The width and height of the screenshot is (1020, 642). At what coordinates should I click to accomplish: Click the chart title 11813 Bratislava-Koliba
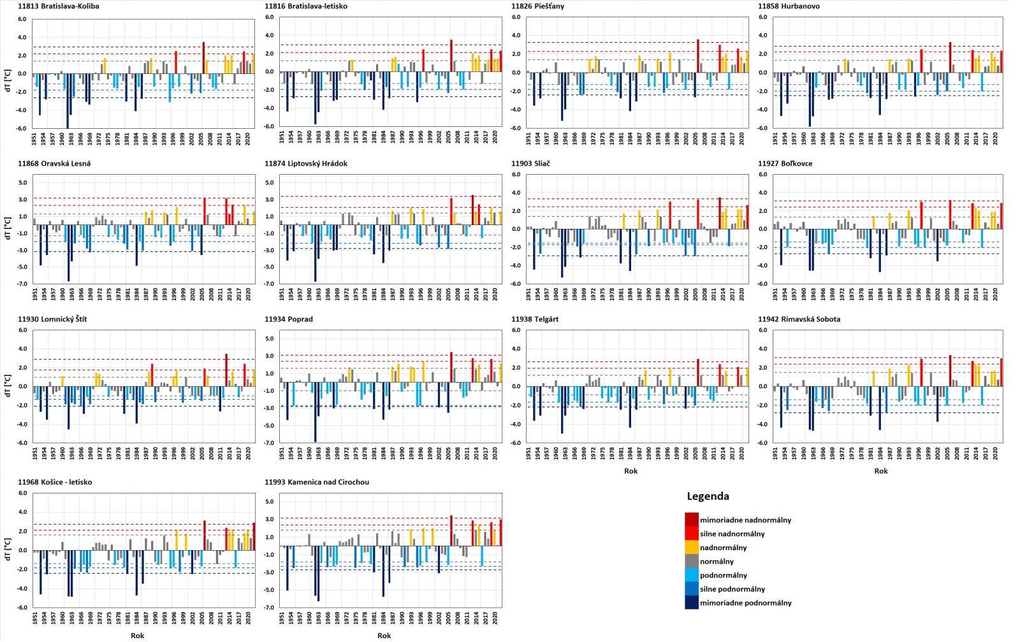click(59, 6)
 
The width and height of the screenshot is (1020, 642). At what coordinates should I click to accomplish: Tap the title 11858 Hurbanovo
click(789, 6)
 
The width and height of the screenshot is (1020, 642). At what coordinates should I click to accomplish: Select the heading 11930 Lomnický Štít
click(52, 319)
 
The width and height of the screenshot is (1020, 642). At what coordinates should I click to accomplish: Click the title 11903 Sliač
click(530, 164)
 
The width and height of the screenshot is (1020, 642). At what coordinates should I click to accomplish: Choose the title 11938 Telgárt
click(535, 319)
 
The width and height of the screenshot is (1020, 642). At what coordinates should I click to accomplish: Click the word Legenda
click(708, 497)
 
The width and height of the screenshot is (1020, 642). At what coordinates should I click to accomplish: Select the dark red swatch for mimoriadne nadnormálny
click(692, 520)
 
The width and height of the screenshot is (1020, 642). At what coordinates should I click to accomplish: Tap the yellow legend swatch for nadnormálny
click(692, 547)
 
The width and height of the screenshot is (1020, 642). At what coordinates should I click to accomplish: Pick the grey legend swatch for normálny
click(692, 561)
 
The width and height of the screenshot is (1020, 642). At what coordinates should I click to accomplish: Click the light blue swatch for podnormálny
click(692, 575)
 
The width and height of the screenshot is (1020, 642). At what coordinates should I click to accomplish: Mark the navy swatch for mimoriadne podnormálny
click(692, 602)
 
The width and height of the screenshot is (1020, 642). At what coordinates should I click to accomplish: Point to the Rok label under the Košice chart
click(137, 635)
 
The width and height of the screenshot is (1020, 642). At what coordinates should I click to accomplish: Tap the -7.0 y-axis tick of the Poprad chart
click(270, 442)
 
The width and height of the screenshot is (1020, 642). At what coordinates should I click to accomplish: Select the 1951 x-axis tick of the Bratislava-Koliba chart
click(34, 138)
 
